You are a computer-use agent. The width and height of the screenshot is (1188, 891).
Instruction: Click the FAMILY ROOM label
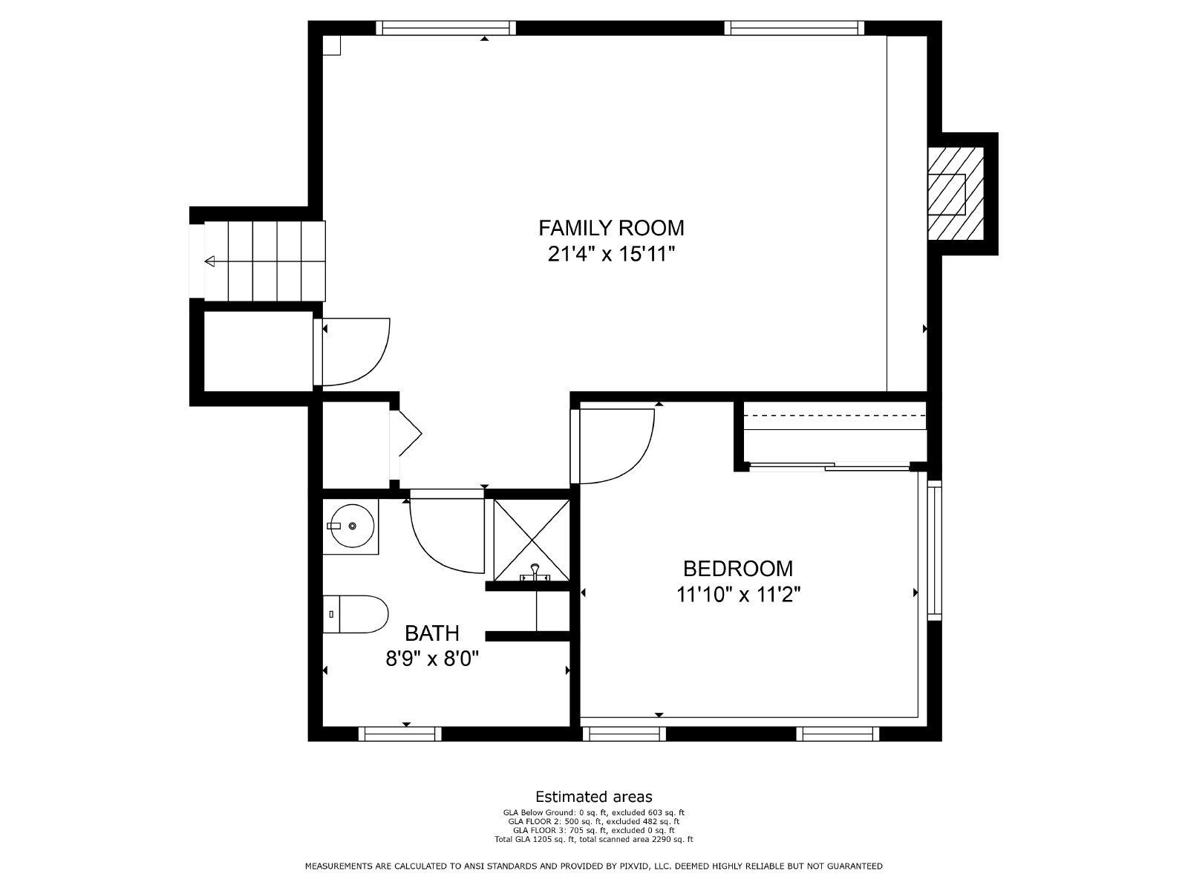pos(611,228)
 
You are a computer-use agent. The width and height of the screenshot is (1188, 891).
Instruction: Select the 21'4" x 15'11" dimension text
pos(612,254)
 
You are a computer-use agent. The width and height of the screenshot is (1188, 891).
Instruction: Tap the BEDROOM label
pos(738,569)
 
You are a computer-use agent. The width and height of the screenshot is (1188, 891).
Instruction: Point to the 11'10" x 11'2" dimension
pos(738,595)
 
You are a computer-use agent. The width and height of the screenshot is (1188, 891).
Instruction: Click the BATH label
pos(432,633)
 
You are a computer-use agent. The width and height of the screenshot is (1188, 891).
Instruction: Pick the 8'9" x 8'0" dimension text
pos(432,659)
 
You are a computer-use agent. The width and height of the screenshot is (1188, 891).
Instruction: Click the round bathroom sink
pos(351,526)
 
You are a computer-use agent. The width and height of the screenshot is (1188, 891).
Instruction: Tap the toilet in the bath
pos(356,614)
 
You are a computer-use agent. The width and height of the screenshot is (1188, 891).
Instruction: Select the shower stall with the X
pos(532,541)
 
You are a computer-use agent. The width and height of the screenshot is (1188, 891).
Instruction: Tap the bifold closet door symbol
pos(411,433)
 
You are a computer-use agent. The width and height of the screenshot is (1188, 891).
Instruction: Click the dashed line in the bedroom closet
pos(834,415)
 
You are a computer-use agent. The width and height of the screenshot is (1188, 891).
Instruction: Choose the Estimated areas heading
pos(594,796)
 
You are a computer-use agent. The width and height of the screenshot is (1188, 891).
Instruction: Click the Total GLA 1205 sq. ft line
pos(594,839)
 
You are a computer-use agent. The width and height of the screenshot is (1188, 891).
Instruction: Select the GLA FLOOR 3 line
pos(594,830)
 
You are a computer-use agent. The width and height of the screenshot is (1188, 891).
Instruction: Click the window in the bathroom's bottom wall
pos(400,734)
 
